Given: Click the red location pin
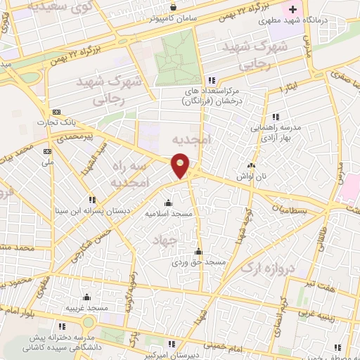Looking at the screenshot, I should coord(181,166).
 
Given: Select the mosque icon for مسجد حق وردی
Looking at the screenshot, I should coord(199,252).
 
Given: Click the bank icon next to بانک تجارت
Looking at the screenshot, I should coord(56,113).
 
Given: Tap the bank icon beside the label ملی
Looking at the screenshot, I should coord(48,150).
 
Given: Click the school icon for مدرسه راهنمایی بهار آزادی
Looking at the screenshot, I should coord(276,116).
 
